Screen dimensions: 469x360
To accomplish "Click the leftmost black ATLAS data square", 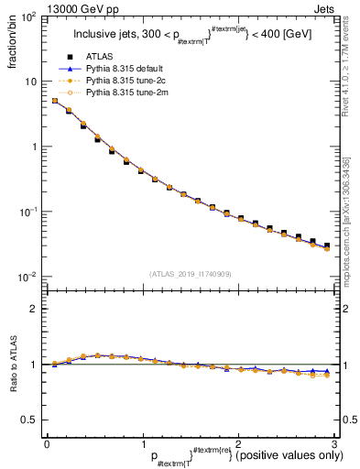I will click(55, 101).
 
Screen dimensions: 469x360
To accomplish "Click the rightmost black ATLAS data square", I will click(326, 245).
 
